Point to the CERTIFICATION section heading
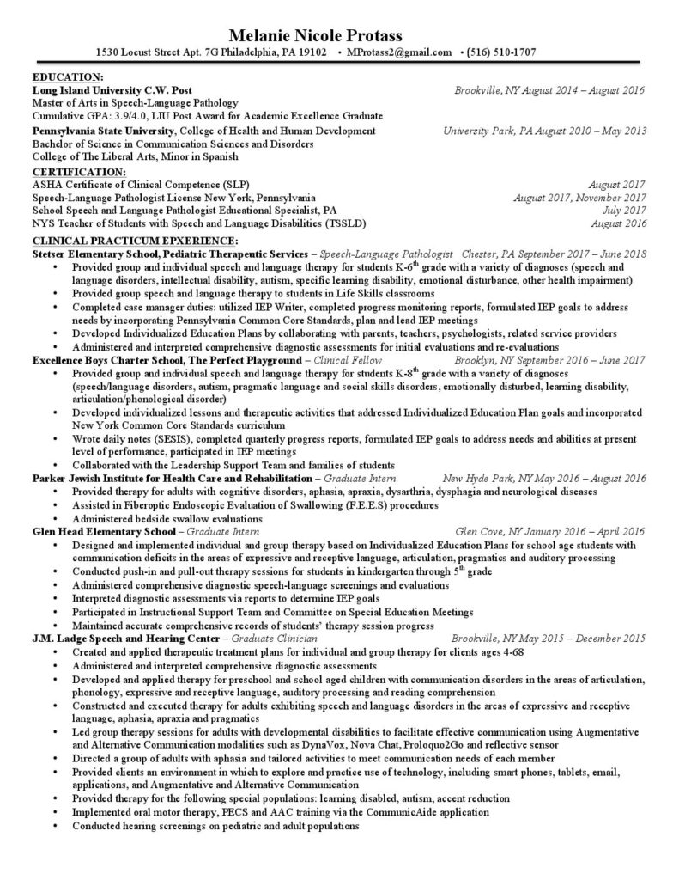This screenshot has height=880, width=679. coord(78,172)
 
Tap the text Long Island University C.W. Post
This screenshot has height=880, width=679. coord(112,89)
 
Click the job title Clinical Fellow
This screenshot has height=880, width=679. coord(349,361)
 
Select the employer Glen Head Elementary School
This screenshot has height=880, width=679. coord(104,532)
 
